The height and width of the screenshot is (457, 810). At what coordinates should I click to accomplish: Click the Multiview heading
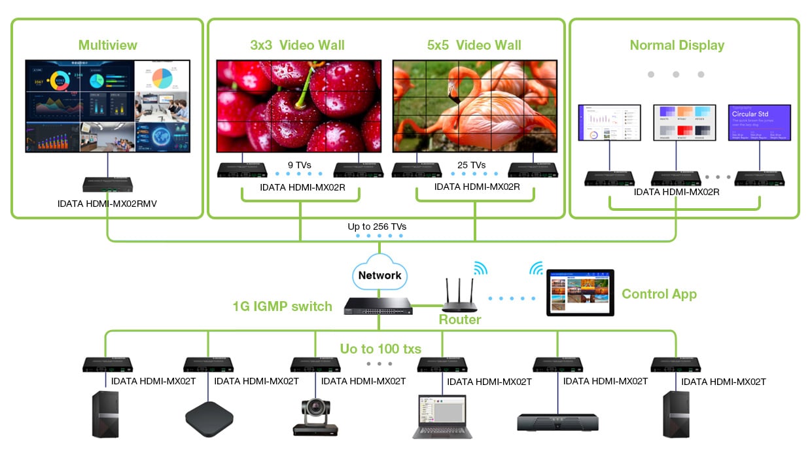[107, 45]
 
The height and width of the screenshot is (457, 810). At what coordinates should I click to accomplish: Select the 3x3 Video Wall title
[297, 45]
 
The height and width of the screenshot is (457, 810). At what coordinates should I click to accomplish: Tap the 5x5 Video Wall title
[474, 45]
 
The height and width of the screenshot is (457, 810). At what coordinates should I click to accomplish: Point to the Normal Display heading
[677, 45]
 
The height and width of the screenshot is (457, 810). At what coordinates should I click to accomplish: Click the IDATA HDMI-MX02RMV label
[107, 204]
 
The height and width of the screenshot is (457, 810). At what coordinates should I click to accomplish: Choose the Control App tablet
[580, 292]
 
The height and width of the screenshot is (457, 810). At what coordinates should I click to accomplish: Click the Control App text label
[659, 294]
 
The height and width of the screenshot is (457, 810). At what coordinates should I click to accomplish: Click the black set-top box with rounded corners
[210, 417]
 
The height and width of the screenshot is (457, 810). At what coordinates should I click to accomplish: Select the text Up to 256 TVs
[377, 227]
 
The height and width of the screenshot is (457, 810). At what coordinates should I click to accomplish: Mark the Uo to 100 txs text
[380, 348]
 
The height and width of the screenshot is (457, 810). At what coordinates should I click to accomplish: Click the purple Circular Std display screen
[759, 122]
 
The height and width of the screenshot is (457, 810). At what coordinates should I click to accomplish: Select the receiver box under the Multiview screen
[108, 184]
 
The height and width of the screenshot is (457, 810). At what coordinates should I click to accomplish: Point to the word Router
[459, 320]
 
